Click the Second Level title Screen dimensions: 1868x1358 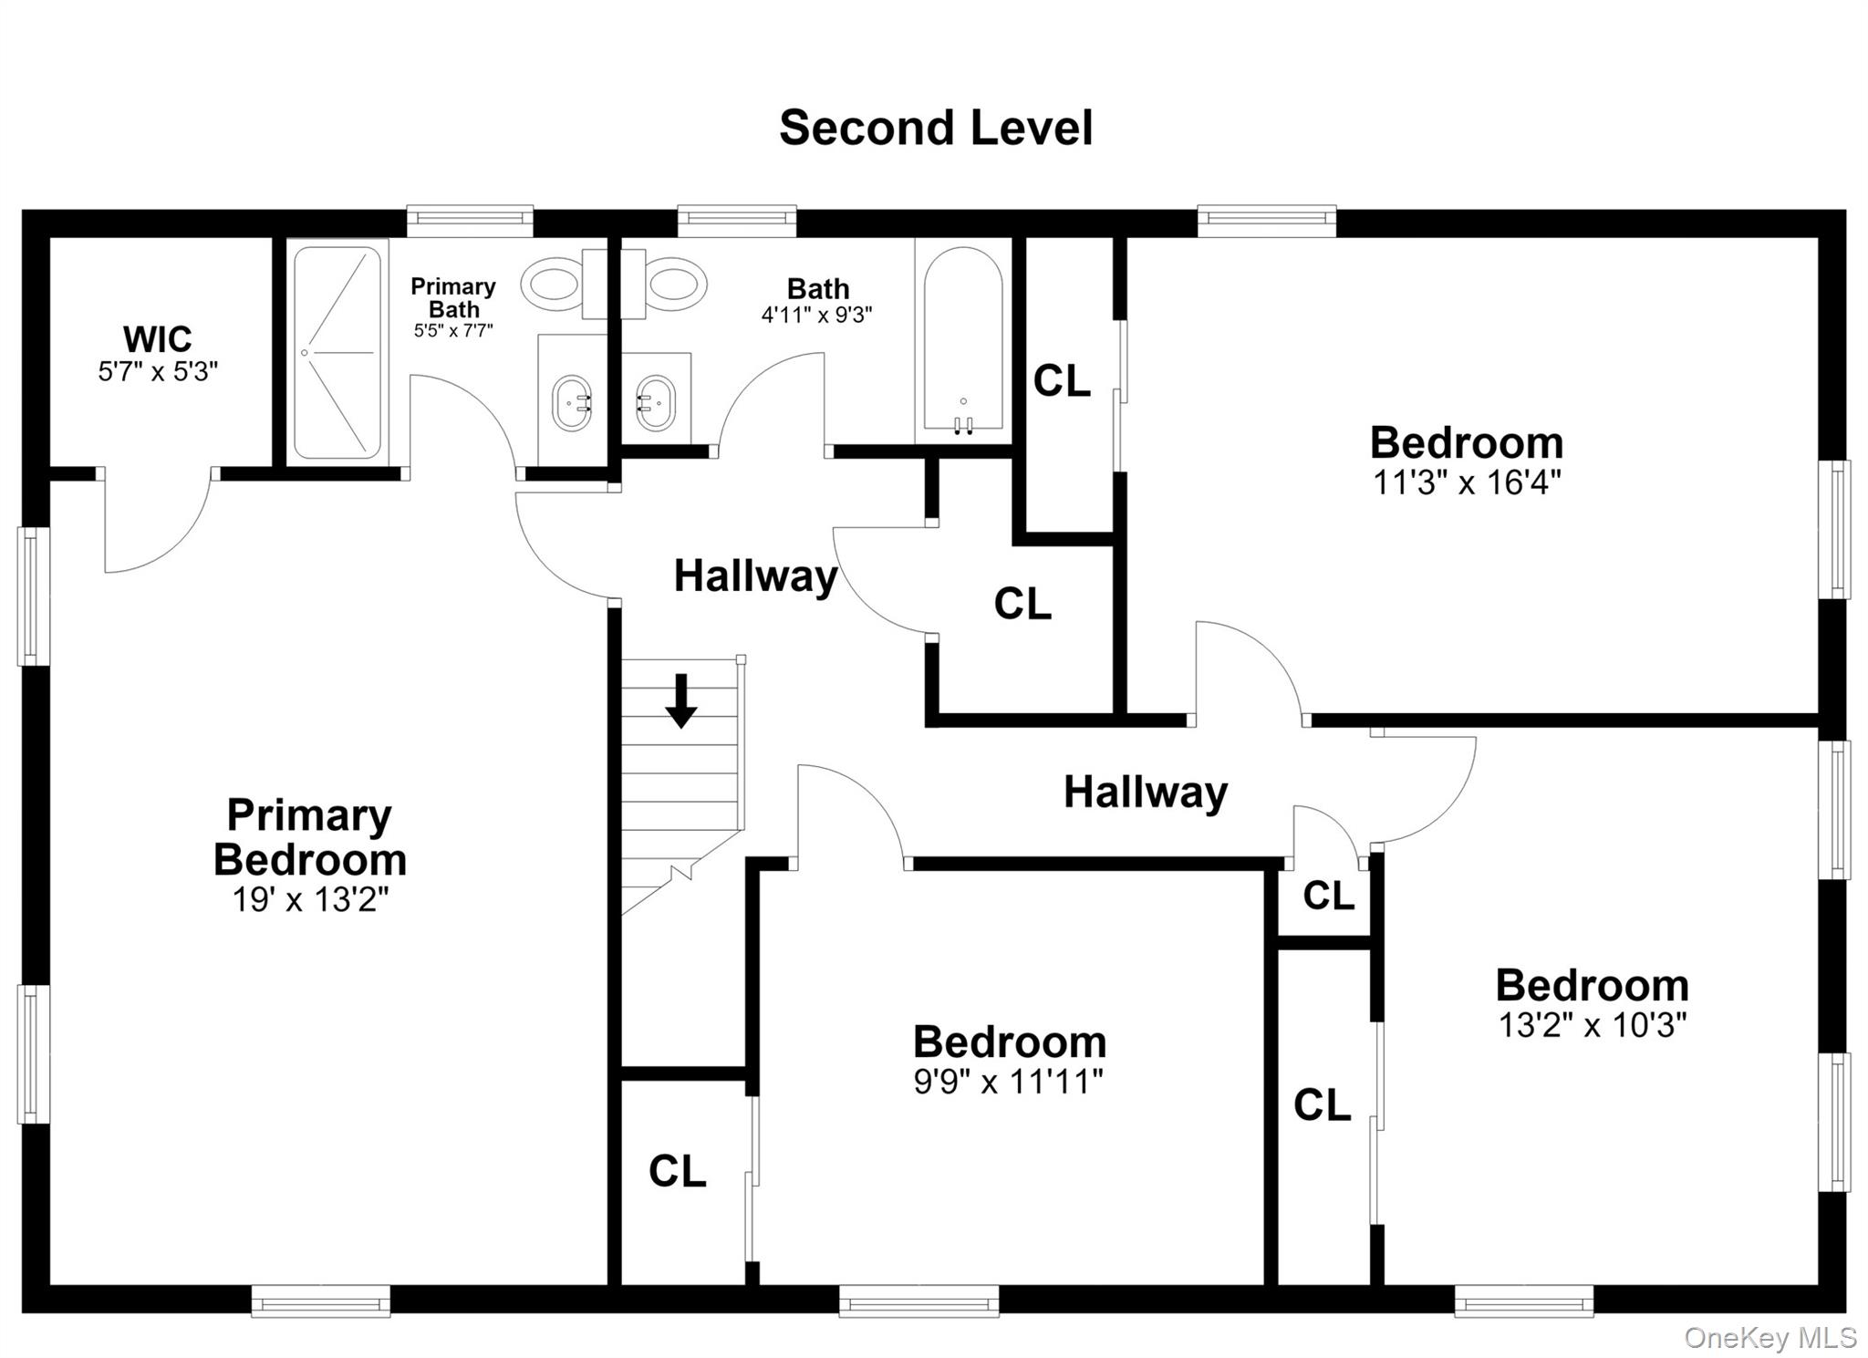(936, 128)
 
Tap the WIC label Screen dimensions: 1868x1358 (158, 339)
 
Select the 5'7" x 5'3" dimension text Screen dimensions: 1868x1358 (158, 372)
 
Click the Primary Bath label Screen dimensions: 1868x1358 (453, 298)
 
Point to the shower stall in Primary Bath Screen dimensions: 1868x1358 (337, 352)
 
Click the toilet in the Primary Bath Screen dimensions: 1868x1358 (556, 284)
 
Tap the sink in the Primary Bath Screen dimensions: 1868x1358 (572, 402)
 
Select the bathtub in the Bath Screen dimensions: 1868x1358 (963, 341)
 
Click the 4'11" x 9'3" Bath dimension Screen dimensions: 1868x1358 (817, 316)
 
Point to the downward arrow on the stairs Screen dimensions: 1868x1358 (680, 701)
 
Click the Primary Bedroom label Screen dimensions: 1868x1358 (310, 837)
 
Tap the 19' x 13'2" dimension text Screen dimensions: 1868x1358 (310, 900)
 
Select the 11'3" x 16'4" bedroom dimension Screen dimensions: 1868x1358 (1467, 482)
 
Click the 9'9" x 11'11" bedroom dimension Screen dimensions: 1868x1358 (1009, 1082)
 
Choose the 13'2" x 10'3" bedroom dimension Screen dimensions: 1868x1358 (1593, 1025)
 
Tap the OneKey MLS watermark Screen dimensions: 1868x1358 (1770, 1338)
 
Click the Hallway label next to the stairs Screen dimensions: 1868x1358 (755, 576)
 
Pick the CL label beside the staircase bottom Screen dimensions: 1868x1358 (678, 1171)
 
